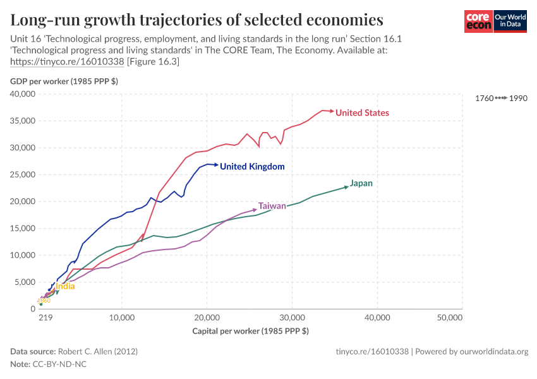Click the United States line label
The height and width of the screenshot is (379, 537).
tap(362, 113)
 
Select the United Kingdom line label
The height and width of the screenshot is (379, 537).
tap(252, 167)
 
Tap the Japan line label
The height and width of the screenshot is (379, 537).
tap(361, 184)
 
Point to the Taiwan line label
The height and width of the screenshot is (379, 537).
tap(272, 206)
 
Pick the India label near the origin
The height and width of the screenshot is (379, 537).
tap(65, 286)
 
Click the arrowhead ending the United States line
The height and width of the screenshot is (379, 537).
tap(332, 111)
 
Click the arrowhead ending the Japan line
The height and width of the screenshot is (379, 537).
tap(346, 186)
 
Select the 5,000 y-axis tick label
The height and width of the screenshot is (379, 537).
tap(25, 282)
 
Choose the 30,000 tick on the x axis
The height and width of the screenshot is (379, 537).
tap(292, 318)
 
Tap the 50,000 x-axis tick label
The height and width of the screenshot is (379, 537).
tap(450, 318)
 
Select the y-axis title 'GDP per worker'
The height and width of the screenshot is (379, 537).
tap(63, 81)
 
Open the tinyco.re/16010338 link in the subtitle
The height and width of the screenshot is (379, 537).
tap(68, 62)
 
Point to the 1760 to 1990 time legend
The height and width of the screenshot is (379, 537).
tap(500, 99)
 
